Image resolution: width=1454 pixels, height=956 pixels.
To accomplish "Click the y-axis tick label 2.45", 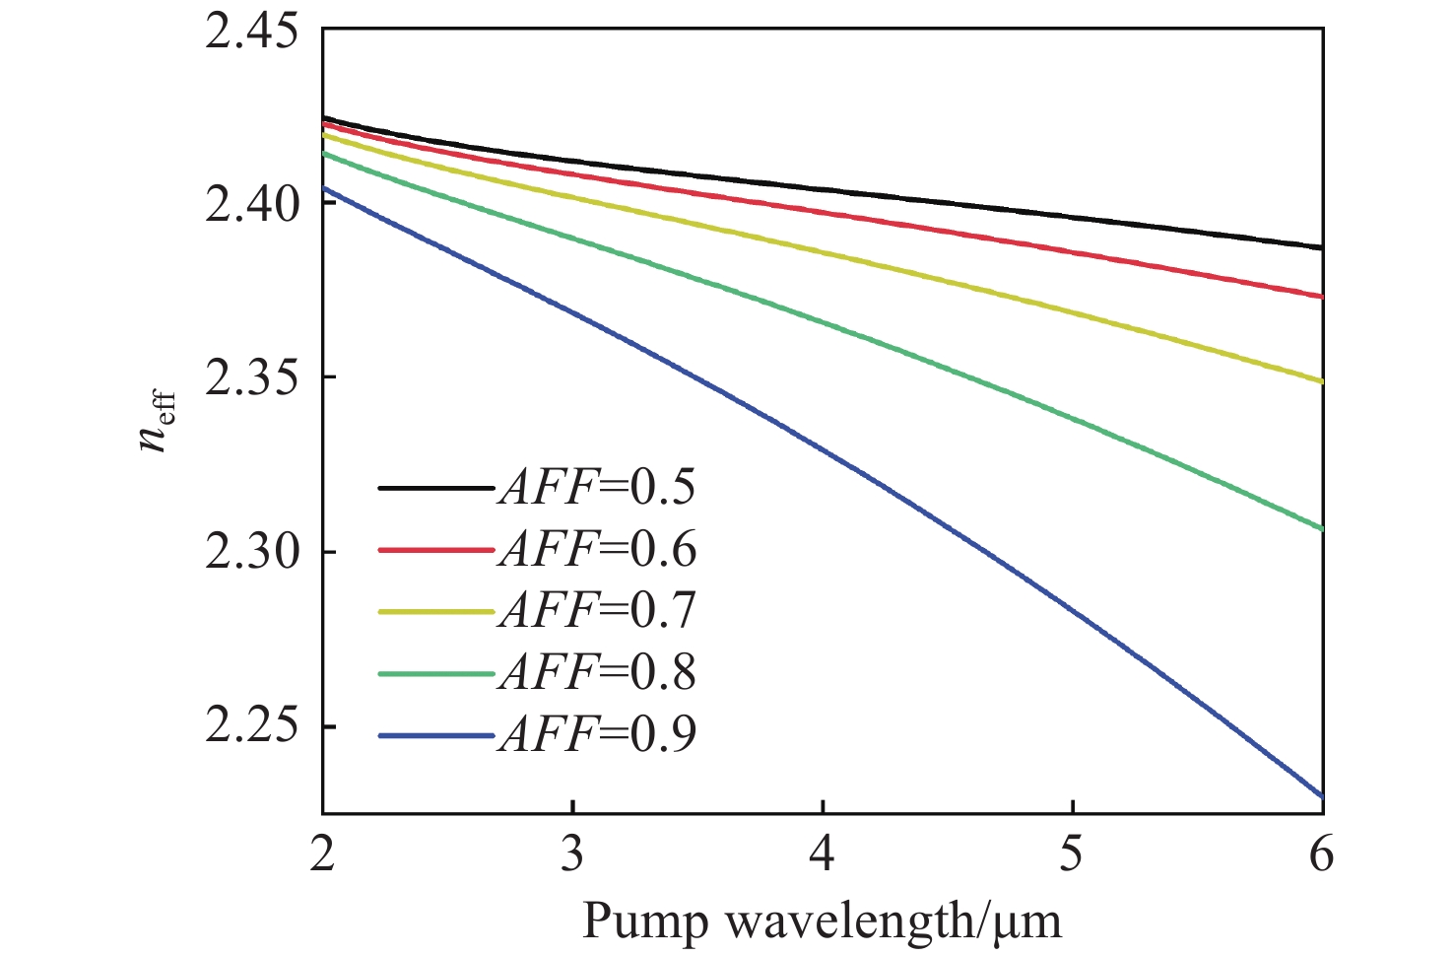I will [x=251, y=31].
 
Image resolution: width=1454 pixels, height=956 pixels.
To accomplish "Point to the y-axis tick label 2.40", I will [x=251, y=205].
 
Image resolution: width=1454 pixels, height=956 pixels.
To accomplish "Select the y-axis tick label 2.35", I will [x=251, y=378].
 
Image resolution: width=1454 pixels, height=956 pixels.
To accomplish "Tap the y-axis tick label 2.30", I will [x=251, y=553].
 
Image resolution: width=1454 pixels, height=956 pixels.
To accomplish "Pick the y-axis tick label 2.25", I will [x=251, y=727].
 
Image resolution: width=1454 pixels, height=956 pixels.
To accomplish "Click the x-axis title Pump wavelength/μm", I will [x=823, y=922].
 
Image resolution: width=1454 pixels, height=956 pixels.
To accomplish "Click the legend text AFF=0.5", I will [x=597, y=487].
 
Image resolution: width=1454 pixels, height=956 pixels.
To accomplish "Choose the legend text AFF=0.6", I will [x=597, y=549].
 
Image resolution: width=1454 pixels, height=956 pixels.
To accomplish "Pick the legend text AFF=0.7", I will [x=597, y=611].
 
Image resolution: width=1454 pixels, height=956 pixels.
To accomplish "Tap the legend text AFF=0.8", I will [x=597, y=673].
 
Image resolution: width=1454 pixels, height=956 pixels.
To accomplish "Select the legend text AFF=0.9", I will [x=597, y=735].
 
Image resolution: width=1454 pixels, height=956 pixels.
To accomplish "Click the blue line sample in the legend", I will [x=434, y=735].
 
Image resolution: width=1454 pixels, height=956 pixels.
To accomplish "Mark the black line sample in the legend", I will [x=434, y=487].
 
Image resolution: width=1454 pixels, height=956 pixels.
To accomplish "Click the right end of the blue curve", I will [x=1321, y=795].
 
